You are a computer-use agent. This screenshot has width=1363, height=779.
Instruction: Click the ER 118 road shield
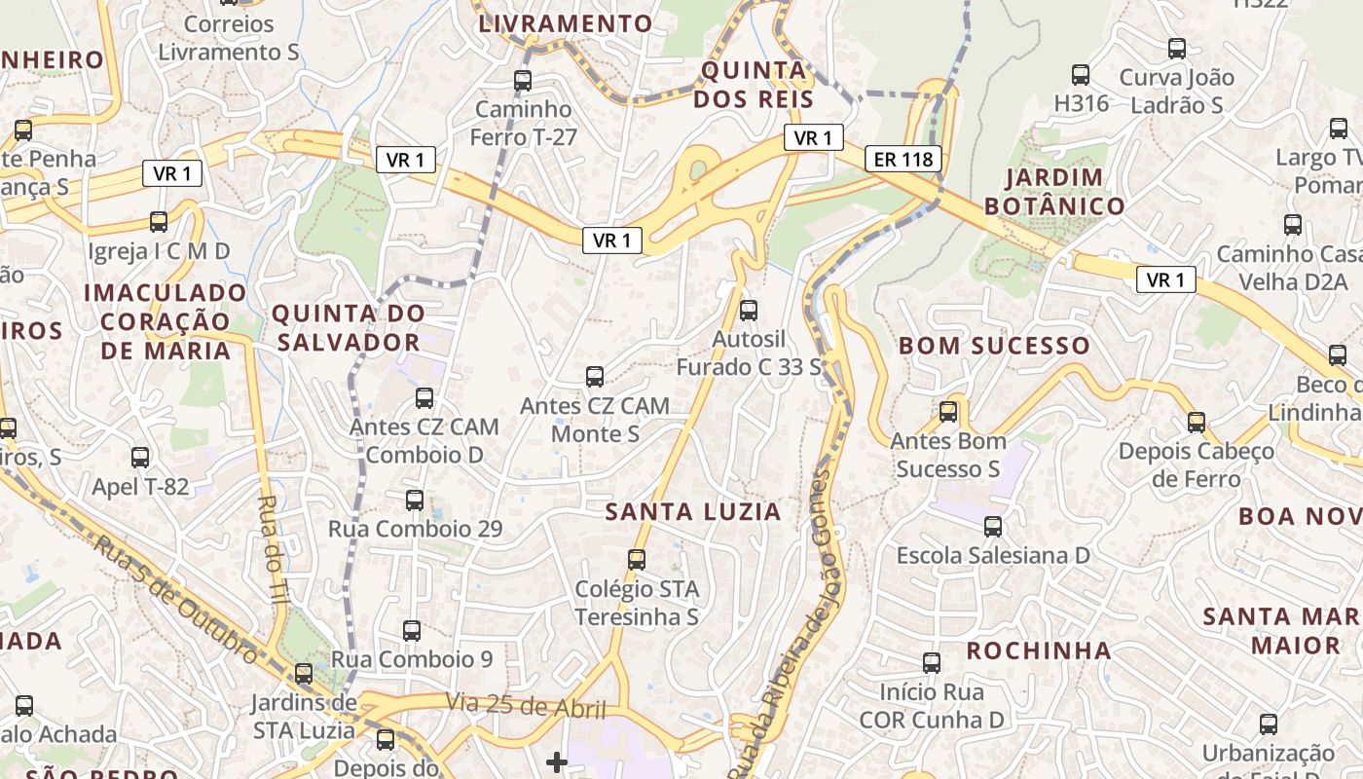903,159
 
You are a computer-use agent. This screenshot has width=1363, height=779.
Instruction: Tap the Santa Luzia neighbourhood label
693,511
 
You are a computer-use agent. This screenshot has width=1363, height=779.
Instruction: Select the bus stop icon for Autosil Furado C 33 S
748,311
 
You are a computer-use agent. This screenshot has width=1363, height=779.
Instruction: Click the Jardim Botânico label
1054,192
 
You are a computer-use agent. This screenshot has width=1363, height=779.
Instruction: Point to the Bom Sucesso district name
994,346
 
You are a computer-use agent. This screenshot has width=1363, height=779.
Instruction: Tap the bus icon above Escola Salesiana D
992,527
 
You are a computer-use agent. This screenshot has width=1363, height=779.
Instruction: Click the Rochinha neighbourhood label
1038,650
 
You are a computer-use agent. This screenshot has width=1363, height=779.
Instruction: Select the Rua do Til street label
268,550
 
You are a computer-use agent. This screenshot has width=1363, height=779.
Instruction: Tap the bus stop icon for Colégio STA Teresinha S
637,560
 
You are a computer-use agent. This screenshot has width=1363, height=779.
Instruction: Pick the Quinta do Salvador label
348,327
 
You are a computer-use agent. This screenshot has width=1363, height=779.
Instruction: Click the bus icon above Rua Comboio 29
415,501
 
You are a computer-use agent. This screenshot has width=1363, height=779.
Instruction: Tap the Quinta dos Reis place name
755,85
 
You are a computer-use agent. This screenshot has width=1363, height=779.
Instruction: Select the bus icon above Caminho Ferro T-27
523,81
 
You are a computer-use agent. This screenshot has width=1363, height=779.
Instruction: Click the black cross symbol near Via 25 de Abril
557,761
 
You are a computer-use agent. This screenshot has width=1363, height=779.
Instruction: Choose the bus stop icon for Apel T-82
140,458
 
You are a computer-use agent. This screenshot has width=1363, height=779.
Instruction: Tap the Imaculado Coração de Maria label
166,321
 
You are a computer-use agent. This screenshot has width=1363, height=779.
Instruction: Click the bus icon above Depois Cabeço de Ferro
1196,423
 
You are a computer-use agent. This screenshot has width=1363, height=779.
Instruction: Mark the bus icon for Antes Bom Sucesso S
948,412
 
